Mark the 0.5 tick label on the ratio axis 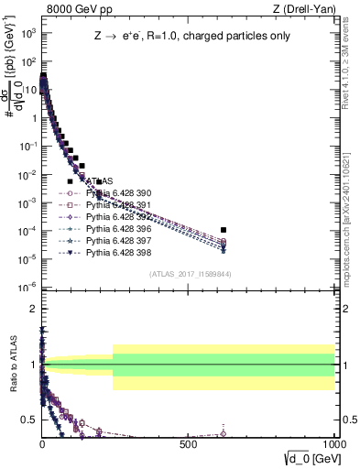tap(28, 420)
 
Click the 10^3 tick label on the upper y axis tap(27, 33)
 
